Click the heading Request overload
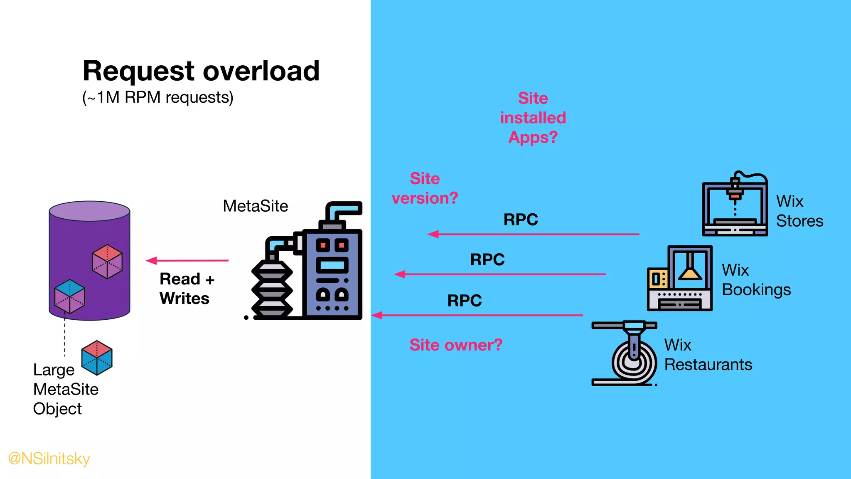[201, 71]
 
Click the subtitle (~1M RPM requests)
[158, 97]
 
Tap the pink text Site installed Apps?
[533, 118]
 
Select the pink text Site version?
[425, 188]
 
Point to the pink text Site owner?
[456, 345]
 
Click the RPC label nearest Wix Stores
[521, 220]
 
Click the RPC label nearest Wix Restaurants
[465, 300]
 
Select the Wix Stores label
[799, 211]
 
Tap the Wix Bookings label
[756, 280]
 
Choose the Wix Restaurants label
[708, 355]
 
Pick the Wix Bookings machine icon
[680, 278]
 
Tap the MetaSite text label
[255, 206]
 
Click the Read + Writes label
[187, 289]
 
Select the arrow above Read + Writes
[187, 261]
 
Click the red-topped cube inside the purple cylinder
[107, 261]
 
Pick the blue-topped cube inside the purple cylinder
[70, 296]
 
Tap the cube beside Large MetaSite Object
[97, 358]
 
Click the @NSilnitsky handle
[49, 459]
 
